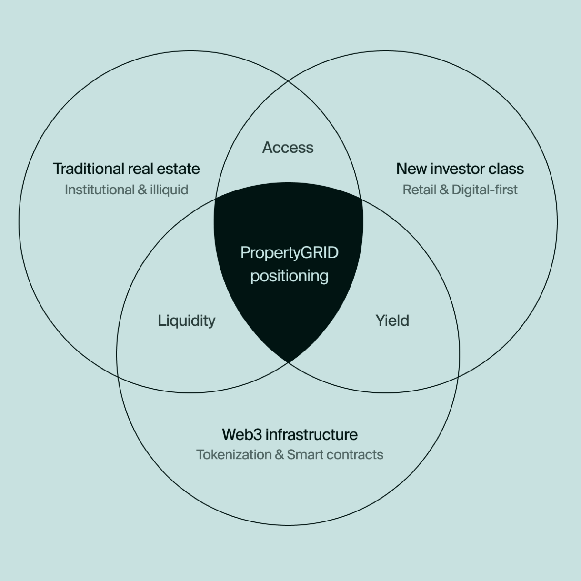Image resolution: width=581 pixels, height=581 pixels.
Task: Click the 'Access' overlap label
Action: pyautogui.click(x=288, y=148)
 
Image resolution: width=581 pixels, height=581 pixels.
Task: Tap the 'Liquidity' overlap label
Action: pyautogui.click(x=187, y=321)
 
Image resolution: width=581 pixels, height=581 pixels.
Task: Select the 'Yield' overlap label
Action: pyautogui.click(x=392, y=321)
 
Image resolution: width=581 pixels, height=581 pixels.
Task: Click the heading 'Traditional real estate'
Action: pyautogui.click(x=126, y=169)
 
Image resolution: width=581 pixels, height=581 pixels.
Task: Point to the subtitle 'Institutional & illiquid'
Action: pyautogui.click(x=126, y=190)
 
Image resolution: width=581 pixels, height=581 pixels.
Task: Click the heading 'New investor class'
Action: pyautogui.click(x=460, y=169)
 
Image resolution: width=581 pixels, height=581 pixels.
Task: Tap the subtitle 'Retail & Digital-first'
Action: pyautogui.click(x=460, y=190)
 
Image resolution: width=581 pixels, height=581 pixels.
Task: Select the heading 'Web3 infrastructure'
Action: pyautogui.click(x=290, y=434)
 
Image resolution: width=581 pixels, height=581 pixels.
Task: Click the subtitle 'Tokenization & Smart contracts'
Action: pyautogui.click(x=290, y=455)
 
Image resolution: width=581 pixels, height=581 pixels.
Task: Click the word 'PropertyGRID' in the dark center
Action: pyautogui.click(x=290, y=253)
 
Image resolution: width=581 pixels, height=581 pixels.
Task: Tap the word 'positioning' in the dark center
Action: pyautogui.click(x=290, y=276)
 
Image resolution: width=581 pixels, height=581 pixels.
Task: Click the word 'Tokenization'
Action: pyautogui.click(x=234, y=455)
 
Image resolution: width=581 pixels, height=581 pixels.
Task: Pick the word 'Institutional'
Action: pyautogui.click(x=100, y=190)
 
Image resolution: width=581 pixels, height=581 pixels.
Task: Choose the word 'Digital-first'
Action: pyautogui.click(x=484, y=190)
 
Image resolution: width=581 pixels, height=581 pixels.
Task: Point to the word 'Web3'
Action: pyautogui.click(x=242, y=434)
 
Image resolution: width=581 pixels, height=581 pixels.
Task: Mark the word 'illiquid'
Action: pyautogui.click(x=169, y=190)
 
